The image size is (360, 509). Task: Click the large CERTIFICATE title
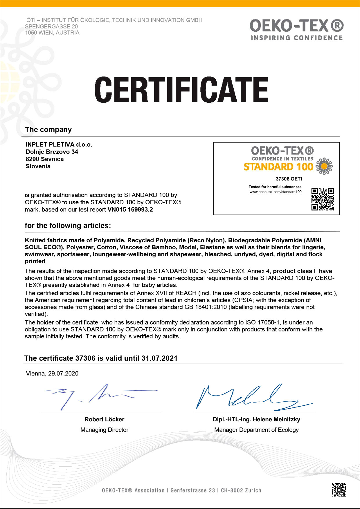pyautogui.click(x=181, y=90)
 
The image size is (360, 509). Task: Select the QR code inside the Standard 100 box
pyautogui.click(x=323, y=199)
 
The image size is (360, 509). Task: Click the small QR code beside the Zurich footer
pyautogui.click(x=339, y=490)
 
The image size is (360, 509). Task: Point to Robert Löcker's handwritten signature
pyautogui.click(x=99, y=396)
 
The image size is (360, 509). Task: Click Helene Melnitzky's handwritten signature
pyautogui.click(x=253, y=398)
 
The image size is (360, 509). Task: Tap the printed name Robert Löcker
pyautogui.click(x=104, y=419)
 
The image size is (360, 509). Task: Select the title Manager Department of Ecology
pyautogui.click(x=256, y=430)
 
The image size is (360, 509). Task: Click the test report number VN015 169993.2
pyautogui.click(x=130, y=210)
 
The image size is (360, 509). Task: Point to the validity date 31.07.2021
pyautogui.click(x=159, y=358)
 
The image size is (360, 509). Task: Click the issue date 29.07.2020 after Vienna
pyautogui.click(x=63, y=373)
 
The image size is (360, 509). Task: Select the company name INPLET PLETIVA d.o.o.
pyautogui.click(x=59, y=145)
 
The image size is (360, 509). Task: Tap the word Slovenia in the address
pyautogui.click(x=38, y=166)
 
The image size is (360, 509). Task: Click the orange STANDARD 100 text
pyautogui.click(x=278, y=167)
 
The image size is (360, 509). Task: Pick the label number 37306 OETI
pyautogui.click(x=289, y=179)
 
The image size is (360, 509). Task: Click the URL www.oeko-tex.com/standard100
pyautogui.click(x=276, y=192)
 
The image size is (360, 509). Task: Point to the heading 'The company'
pyautogui.click(x=48, y=130)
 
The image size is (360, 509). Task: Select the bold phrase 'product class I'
pyautogui.click(x=294, y=271)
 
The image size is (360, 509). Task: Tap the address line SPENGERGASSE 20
pyautogui.click(x=51, y=26)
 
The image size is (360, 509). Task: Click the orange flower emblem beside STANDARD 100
pyautogui.click(x=324, y=166)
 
